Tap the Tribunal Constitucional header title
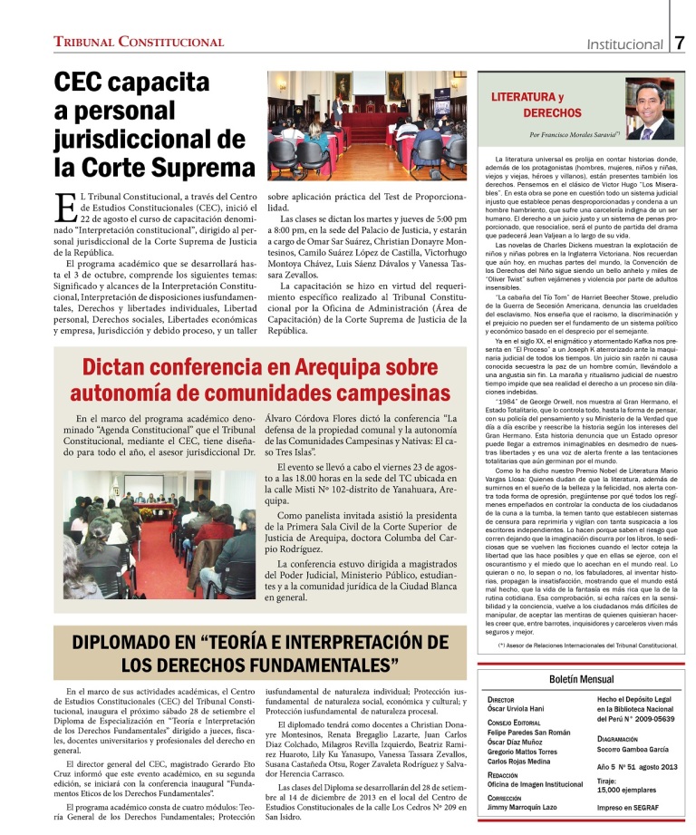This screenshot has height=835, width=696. click(x=139, y=43)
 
